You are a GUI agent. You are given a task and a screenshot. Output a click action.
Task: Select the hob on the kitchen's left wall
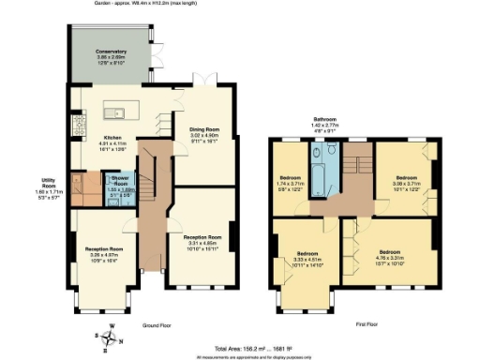point(76,121)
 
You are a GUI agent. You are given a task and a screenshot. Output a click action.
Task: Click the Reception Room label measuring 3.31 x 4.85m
point(202,241)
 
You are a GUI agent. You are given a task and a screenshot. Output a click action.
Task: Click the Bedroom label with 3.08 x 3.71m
point(405,180)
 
